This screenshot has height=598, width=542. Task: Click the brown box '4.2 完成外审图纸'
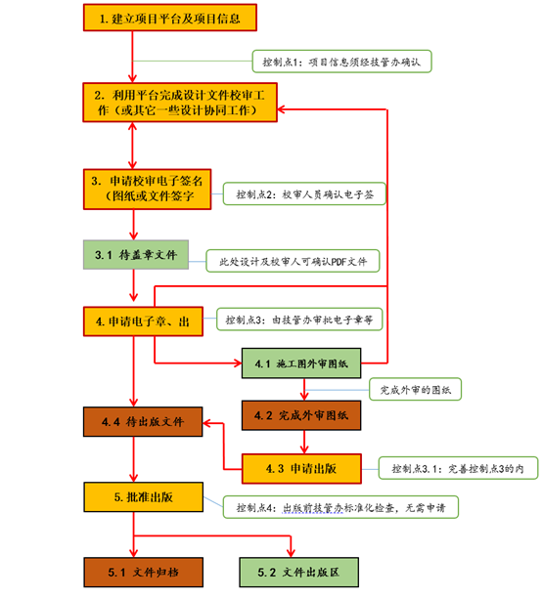pos(302,414)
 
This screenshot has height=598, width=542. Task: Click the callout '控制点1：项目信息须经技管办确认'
pos(341,62)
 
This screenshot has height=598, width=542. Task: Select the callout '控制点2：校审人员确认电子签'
pos(305,194)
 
